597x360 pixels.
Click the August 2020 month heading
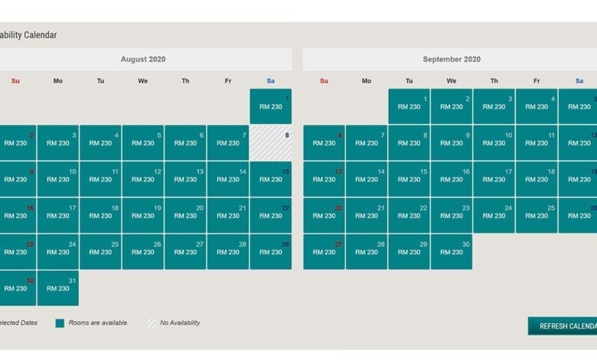coord(143,60)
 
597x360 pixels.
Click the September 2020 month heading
coord(452,60)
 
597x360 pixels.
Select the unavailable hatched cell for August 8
coord(270,142)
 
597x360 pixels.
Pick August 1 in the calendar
coord(270,106)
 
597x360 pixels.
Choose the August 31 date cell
coord(58,288)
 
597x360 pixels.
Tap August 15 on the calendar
coord(270,179)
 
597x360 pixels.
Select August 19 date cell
coord(143,215)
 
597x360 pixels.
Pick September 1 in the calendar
coord(409,106)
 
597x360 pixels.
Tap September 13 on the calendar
coord(324,179)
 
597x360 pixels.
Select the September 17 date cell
coord(494,179)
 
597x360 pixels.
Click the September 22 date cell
coord(409,215)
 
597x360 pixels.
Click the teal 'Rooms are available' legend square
coord(60,323)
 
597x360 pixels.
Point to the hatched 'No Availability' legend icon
coord(151,323)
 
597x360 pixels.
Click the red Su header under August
coord(15,80)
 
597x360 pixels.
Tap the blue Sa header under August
coord(270,80)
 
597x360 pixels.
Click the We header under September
coord(452,80)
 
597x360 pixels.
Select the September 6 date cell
coord(324,142)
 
